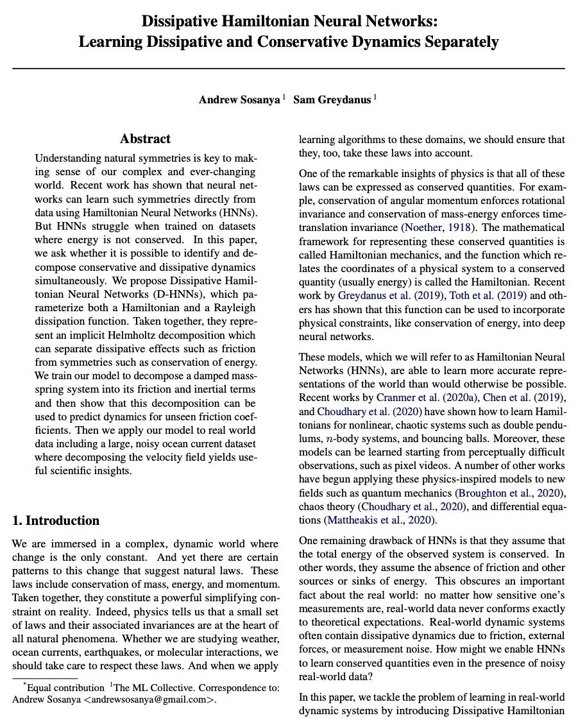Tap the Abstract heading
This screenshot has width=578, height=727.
pyautogui.click(x=146, y=139)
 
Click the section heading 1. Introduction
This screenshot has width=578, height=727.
pyautogui.click(x=56, y=520)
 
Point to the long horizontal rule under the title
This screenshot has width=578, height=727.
pyautogui.click(x=289, y=68)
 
